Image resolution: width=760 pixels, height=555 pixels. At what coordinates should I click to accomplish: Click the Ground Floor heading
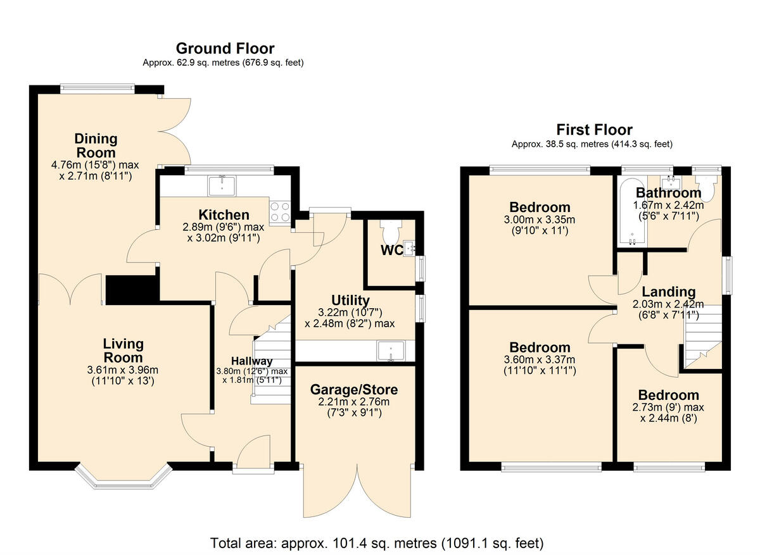(x=225, y=49)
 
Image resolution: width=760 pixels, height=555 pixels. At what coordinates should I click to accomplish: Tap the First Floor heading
(x=595, y=130)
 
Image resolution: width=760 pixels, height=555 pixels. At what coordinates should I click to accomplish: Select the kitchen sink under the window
(x=222, y=186)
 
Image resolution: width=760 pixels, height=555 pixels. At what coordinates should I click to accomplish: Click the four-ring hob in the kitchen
(x=280, y=211)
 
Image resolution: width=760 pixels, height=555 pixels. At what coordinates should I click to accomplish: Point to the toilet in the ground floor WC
(x=391, y=229)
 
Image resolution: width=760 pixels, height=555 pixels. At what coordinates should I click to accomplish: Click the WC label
(x=391, y=250)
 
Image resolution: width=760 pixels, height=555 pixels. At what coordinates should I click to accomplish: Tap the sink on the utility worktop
(x=391, y=351)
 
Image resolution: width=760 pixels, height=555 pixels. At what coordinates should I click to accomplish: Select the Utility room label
(x=350, y=301)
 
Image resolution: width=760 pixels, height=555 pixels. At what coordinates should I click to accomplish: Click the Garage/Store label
(x=354, y=390)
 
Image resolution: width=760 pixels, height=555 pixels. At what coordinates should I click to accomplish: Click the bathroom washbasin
(x=671, y=182)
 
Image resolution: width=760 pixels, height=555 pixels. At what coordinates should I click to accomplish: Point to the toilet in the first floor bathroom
(x=707, y=187)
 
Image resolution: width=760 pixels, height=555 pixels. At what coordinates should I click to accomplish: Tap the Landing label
(x=669, y=292)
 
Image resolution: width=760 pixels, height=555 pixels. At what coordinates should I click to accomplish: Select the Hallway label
(x=252, y=361)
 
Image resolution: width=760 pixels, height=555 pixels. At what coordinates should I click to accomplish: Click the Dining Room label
(x=96, y=146)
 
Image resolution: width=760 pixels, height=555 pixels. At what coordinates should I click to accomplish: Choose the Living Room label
(x=123, y=351)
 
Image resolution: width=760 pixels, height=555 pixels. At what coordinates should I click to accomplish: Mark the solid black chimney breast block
(x=132, y=290)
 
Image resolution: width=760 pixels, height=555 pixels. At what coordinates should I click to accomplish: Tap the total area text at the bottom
(x=377, y=543)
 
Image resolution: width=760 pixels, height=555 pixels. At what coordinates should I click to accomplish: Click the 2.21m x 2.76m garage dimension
(x=354, y=402)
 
